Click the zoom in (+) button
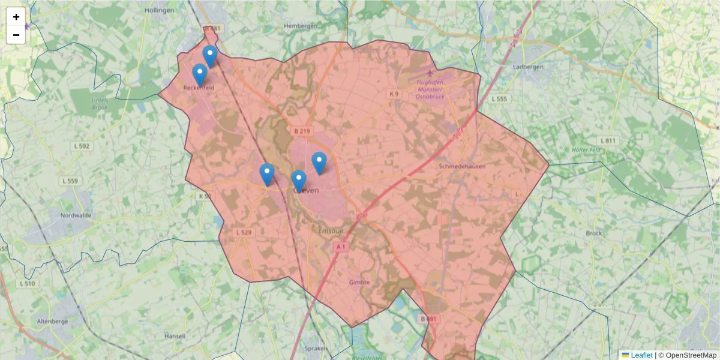pos(16,17)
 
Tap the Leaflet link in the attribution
pos(641,355)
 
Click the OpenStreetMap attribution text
pos(691,355)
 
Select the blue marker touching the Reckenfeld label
pos(200,74)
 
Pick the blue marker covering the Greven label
pos(299,181)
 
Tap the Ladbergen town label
pos(528,67)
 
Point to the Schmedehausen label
pos(462,166)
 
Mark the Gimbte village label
pos(359,282)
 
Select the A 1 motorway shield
pos(341,247)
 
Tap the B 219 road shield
pos(302,130)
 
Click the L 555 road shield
pos(499,98)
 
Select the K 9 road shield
pos(394,94)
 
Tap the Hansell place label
pos(175,337)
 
